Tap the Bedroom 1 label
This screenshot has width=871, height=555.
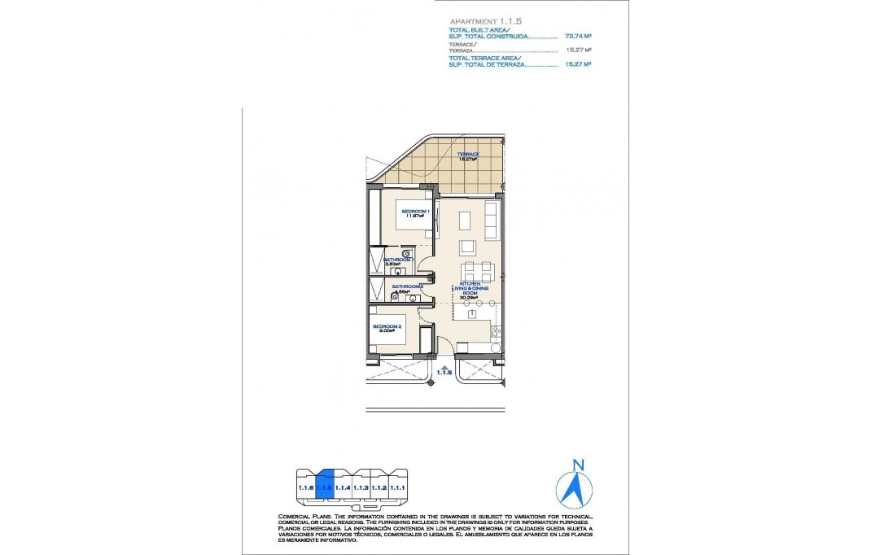(415, 214)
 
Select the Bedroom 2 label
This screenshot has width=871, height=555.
(387, 328)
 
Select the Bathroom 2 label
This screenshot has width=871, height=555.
(407, 288)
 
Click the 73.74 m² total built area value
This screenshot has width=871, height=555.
(577, 37)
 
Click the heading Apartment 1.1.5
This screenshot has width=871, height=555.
(479, 21)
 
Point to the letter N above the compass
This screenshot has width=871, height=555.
(578, 465)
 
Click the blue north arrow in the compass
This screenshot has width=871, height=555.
(574, 488)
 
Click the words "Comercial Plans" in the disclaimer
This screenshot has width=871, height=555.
(306, 517)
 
